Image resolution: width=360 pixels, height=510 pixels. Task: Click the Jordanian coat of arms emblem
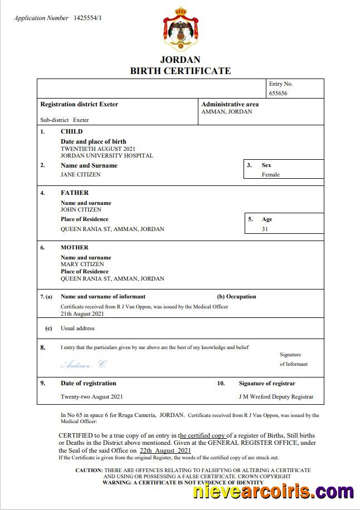[180, 30]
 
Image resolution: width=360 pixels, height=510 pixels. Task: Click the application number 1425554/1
[87, 18]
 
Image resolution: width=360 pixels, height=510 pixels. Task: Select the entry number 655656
[278, 94]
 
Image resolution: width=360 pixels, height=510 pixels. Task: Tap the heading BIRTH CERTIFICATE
[180, 71]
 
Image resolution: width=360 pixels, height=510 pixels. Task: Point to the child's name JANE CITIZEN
[81, 174]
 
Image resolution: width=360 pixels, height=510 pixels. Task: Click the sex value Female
[271, 174]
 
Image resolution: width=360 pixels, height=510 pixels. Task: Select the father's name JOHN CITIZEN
[81, 210]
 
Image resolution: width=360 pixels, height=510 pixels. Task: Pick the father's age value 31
[265, 229]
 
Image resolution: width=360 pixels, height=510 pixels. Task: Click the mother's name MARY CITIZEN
[82, 264]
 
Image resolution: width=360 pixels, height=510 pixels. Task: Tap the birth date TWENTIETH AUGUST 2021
[98, 149]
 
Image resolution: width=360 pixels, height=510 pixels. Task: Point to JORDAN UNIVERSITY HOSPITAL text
[106, 156]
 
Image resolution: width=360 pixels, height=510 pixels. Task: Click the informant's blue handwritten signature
[83, 365]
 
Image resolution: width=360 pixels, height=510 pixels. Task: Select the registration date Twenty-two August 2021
[91, 397]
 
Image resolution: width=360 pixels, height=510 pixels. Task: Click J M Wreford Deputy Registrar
[276, 397]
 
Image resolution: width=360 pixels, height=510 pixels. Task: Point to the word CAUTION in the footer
[89, 470]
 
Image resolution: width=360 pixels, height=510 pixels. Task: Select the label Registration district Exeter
[79, 104]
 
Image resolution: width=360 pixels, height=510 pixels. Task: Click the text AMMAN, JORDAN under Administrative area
[226, 111]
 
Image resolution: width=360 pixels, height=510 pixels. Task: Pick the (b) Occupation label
[236, 297]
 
